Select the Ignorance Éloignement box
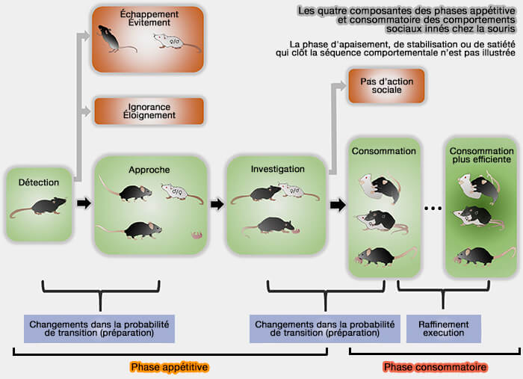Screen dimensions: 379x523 pyautogui.click(x=149, y=111)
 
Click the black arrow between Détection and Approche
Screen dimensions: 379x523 pyautogui.click(x=84, y=203)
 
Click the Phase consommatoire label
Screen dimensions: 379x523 pyautogui.click(x=435, y=367)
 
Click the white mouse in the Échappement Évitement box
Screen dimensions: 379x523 pyautogui.click(x=176, y=44)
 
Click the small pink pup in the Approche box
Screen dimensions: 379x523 pyautogui.click(x=197, y=235)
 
